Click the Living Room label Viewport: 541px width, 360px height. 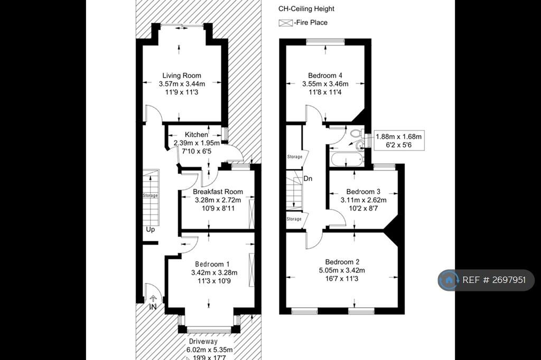182,75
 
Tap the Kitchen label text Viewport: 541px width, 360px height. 197,135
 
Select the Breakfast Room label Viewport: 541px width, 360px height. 218,192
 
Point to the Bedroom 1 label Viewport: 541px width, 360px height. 212,264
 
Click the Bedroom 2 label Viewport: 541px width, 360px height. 342,262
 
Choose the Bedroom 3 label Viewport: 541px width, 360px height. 363,192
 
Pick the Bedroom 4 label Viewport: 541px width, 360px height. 325,75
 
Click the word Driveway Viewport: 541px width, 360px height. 203,342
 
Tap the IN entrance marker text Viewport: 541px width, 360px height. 153,307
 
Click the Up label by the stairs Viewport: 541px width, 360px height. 151,229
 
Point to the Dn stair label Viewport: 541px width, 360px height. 308,178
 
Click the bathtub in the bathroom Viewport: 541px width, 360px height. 347,159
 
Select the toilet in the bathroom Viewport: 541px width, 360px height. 357,133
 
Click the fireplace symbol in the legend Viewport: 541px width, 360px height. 285,23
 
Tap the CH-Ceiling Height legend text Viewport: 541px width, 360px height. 306,9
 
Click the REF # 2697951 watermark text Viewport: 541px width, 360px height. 494,280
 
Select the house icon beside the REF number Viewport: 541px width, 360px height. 449,280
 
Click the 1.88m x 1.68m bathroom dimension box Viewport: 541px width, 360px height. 399,141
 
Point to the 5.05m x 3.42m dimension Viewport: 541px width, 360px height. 342,270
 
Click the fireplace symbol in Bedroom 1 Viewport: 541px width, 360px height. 251,270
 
